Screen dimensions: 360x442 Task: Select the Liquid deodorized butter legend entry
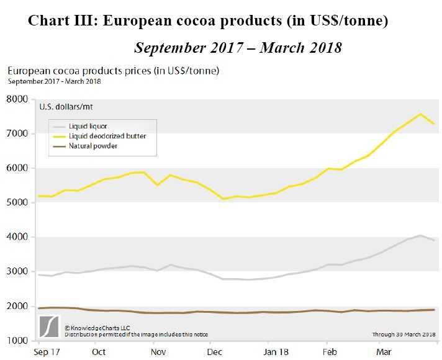[x=107, y=136]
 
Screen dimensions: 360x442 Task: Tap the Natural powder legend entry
[x=93, y=146]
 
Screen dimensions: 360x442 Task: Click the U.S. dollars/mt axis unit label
[x=67, y=107]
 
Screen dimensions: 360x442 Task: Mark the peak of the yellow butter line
[x=420, y=114]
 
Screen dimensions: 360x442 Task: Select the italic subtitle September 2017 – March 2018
[x=238, y=48]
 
